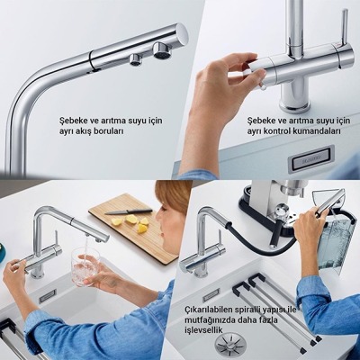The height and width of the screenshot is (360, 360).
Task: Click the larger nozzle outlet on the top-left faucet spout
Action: pyautogui.click(x=161, y=49)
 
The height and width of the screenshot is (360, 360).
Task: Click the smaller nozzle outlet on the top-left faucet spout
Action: pyautogui.click(x=136, y=59)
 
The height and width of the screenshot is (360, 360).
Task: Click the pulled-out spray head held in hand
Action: pyautogui.click(x=326, y=202)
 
